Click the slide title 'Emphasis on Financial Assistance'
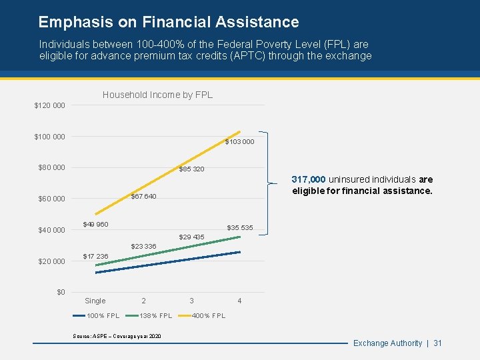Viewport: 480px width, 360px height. coord(168,22)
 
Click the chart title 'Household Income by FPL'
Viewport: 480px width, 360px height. coord(157,95)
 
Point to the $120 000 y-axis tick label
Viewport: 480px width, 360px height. coord(50,106)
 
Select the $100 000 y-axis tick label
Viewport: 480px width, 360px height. coord(50,137)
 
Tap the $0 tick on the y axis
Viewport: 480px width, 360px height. coord(61,292)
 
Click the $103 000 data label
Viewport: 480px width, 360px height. coord(239,142)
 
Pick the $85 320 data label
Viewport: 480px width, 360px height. coord(191,169)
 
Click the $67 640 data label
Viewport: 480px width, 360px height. coord(143,197)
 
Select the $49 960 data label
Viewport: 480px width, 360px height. coord(95,224)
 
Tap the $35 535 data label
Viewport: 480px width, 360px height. coord(240,228)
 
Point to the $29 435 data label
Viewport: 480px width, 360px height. coord(191,237)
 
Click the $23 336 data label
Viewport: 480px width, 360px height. coord(143,247)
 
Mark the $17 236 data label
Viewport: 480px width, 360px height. coord(95,257)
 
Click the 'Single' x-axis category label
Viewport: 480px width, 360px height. coord(95,301)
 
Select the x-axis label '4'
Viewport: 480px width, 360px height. coord(239,301)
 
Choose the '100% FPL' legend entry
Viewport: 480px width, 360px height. coord(103,315)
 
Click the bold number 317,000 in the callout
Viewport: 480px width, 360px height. coord(309,179)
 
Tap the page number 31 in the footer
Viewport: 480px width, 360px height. coord(437,343)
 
